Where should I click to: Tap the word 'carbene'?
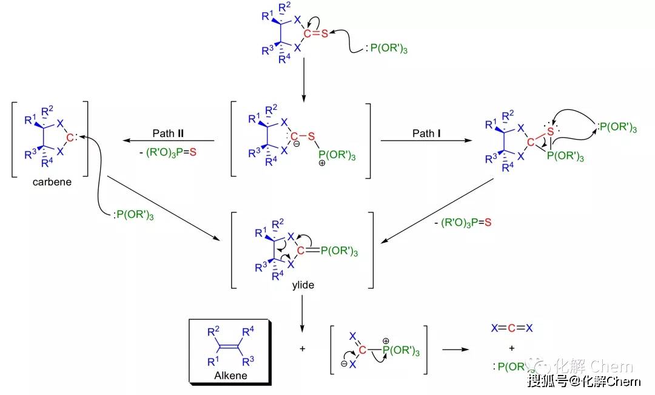[x=50, y=181]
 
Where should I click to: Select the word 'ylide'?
[x=302, y=284]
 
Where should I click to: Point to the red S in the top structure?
[x=324, y=33]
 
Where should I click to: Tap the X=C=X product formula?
[x=512, y=328]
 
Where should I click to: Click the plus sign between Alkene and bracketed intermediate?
[x=302, y=349]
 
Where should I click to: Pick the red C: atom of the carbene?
[x=71, y=138]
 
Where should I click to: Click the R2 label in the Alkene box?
[x=213, y=332]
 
